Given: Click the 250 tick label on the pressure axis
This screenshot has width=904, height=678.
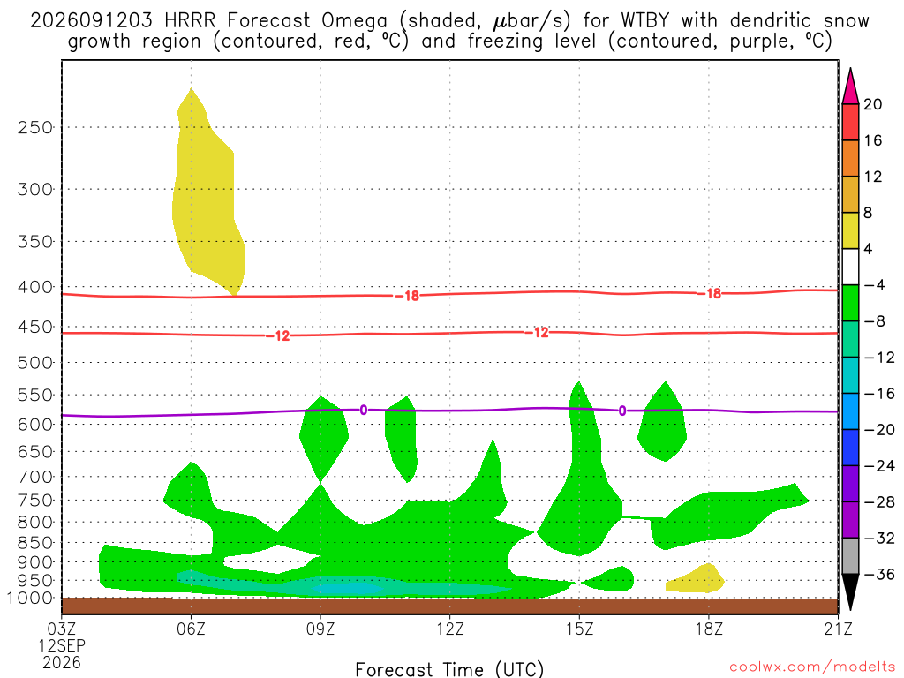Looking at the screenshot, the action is point(34,127).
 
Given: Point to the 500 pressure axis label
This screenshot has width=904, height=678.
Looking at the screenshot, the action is point(34,363).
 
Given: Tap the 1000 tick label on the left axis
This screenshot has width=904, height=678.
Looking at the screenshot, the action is point(30,598).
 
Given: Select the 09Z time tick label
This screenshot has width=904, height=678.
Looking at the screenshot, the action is point(320,629).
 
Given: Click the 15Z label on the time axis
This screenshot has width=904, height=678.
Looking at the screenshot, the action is point(579,629).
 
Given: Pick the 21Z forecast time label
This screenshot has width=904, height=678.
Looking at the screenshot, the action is point(838,629).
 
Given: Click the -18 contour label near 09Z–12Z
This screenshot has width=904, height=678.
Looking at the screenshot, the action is point(408,296).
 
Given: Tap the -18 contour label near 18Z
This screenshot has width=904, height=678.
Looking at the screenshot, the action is point(710,293).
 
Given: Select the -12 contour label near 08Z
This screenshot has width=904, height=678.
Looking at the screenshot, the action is point(278,335).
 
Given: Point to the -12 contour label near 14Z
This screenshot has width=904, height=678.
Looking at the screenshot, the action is point(537,333).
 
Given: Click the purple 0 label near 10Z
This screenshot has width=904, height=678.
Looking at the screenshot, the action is point(363,410).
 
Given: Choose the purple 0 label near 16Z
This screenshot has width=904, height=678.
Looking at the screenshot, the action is point(622,411).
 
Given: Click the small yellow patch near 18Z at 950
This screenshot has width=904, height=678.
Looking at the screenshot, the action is point(697,580).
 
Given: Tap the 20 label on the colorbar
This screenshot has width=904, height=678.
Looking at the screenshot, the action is point(872,104).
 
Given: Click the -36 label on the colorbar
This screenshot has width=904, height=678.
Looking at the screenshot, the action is point(878,574).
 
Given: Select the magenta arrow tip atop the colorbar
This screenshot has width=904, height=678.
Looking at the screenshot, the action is point(850,69).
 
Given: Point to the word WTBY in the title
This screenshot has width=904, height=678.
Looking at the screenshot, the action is point(644,21).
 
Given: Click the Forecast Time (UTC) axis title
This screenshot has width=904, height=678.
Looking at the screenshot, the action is point(449,669).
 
